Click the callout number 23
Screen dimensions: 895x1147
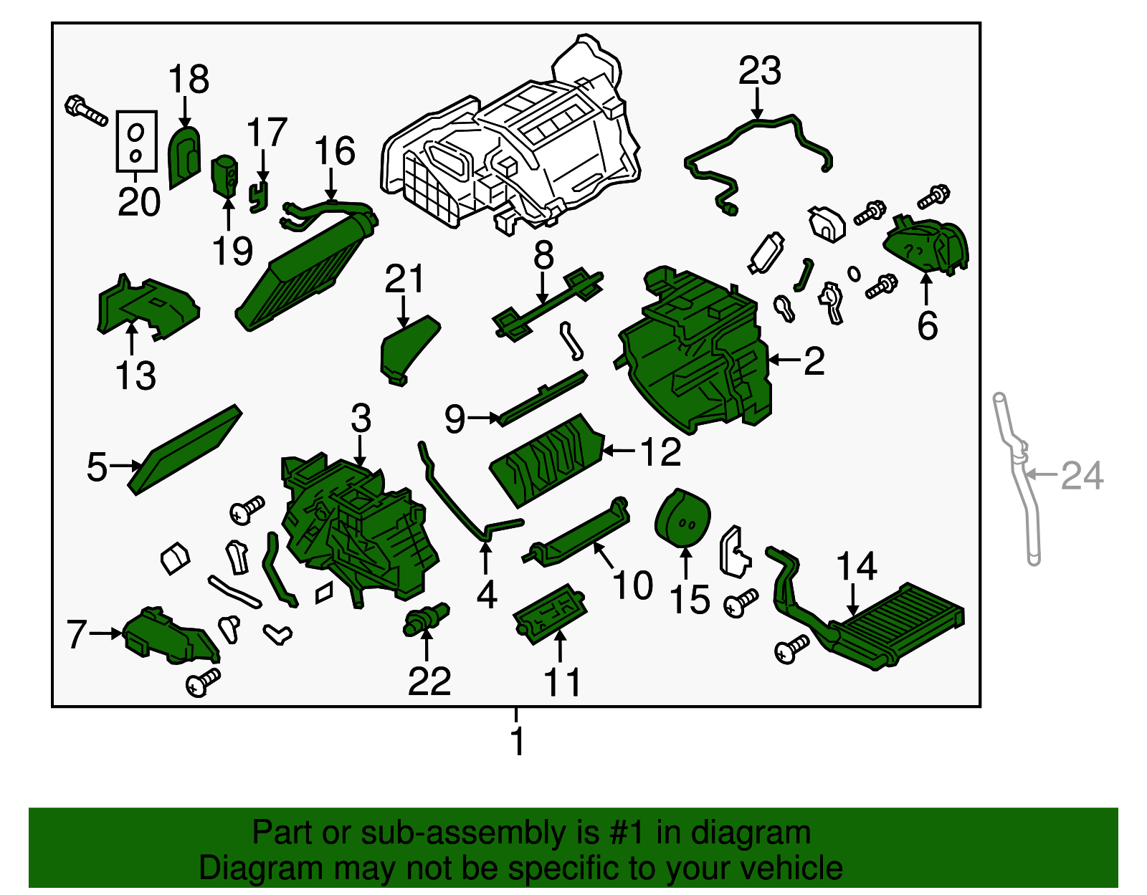(x=759, y=71)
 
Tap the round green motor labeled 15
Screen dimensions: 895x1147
(x=682, y=517)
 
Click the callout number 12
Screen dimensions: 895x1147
(x=660, y=452)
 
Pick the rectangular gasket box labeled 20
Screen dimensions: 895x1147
(x=136, y=141)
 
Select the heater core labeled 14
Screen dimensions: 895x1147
(x=896, y=623)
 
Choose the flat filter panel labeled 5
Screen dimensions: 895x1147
(x=185, y=450)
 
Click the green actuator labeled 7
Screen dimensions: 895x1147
(x=168, y=636)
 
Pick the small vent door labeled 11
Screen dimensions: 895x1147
(x=550, y=613)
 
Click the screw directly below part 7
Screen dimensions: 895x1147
(x=203, y=681)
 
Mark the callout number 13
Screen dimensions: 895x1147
(x=135, y=375)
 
